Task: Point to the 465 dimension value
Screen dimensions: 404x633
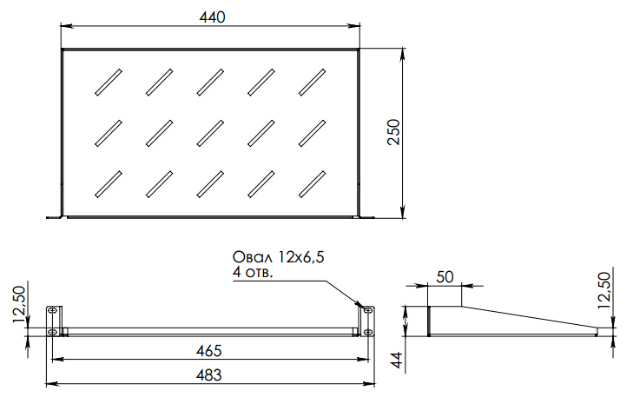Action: [x=208, y=351]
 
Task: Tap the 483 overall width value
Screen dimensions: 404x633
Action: [x=208, y=375]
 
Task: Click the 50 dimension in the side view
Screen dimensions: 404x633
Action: [x=445, y=277]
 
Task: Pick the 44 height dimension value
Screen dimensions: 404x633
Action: [x=396, y=359]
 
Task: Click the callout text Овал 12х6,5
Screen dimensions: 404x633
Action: [x=283, y=258]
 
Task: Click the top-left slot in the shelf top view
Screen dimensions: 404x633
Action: [x=107, y=80]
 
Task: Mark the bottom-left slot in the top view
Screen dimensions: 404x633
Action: [x=107, y=183]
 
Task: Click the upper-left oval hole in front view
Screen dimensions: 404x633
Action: [x=53, y=311]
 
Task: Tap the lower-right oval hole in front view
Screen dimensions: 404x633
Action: [x=366, y=332]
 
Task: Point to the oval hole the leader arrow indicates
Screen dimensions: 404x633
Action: [x=366, y=311]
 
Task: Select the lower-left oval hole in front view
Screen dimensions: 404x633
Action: [x=53, y=332]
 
